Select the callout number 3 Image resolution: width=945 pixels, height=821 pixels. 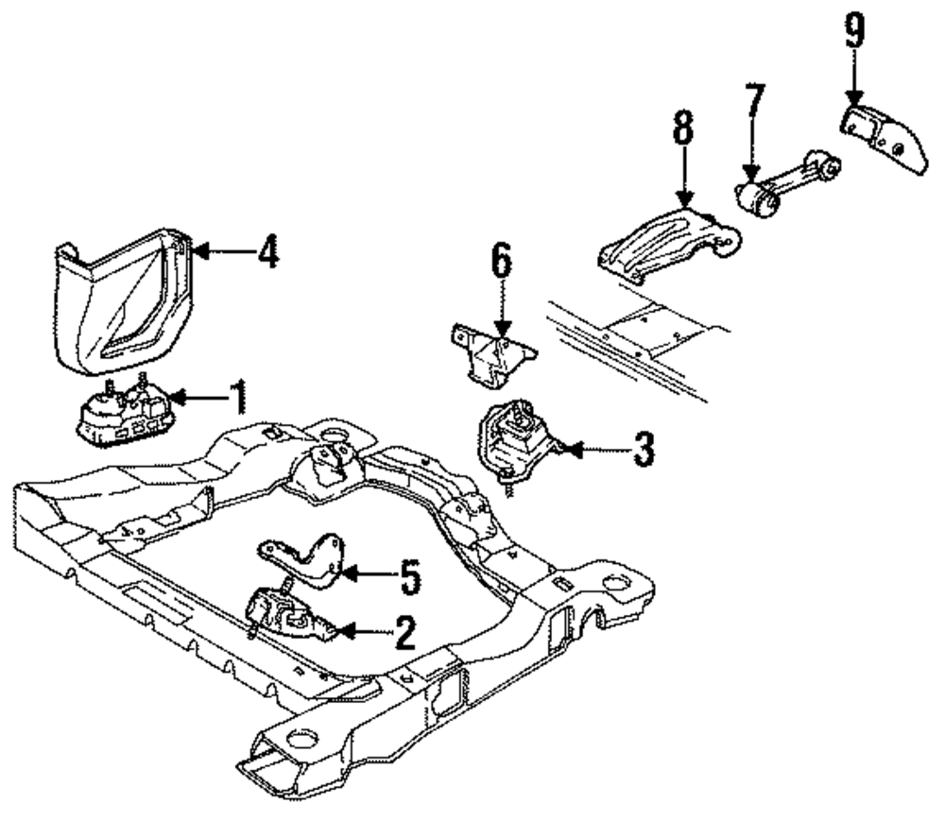[x=643, y=451]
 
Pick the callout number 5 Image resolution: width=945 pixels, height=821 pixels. [x=408, y=577]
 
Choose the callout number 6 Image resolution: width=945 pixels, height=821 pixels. [x=501, y=262]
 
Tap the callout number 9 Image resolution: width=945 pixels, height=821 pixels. [x=853, y=33]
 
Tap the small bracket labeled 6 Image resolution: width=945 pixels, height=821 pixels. [x=492, y=356]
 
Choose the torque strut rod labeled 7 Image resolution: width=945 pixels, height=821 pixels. [x=789, y=184]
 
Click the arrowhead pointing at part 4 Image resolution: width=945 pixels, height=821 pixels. [x=200, y=252]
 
